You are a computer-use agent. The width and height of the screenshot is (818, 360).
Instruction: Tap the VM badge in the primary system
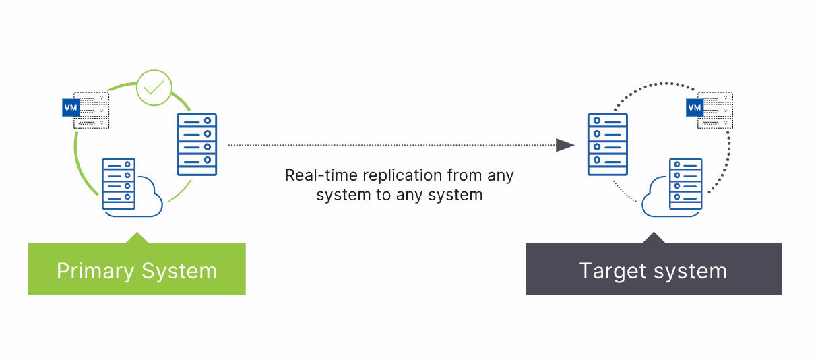coord(71,107)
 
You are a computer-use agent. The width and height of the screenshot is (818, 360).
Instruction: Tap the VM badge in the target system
coord(695,107)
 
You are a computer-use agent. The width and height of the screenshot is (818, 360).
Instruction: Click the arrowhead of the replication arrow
coord(565,145)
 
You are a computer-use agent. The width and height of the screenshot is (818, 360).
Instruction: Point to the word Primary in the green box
coord(95,272)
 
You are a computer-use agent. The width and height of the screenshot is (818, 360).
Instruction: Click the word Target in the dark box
coord(613,272)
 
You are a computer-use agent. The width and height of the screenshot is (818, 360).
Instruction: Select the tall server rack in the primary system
coord(197,144)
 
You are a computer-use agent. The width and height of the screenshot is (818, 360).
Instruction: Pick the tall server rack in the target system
coord(608,144)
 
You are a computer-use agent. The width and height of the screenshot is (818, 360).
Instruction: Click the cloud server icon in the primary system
coord(132,187)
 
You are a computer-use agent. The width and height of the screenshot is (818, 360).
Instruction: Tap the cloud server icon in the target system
coord(672,187)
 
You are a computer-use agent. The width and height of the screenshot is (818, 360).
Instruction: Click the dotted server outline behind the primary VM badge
coord(91,111)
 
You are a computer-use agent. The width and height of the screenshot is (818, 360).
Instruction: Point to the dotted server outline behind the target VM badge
coord(715,111)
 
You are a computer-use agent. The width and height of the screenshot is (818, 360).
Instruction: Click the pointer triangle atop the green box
coord(137,238)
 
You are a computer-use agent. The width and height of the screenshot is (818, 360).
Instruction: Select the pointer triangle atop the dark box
coord(654,238)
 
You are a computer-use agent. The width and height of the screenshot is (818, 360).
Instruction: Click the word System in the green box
coord(179,272)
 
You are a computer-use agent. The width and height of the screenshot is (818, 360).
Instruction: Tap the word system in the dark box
coord(690,272)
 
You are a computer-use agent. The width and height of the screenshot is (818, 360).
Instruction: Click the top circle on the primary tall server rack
coord(208,121)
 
